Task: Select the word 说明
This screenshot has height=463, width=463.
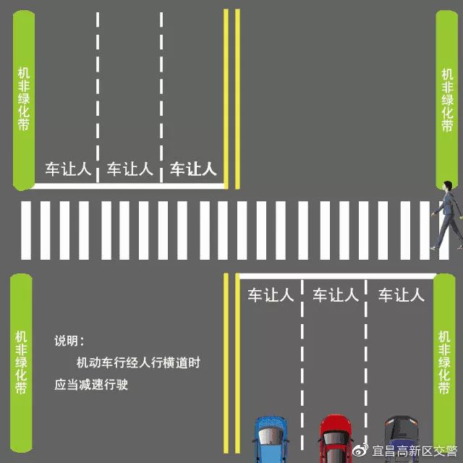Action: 69,341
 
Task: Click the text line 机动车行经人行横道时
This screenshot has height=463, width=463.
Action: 137,363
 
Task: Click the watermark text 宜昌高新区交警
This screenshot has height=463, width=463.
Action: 412,452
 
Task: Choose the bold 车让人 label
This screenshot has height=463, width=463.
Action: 193,169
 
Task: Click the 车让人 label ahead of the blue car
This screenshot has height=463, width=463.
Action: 271,295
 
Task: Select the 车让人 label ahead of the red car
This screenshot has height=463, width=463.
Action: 335,295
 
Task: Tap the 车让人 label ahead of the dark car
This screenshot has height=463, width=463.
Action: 401,295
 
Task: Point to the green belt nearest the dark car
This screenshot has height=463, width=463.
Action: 446,362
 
